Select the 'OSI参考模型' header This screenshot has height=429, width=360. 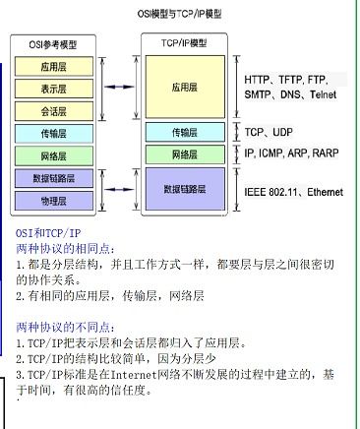pyautogui.click(x=55, y=44)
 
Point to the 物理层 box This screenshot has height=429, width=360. pyautogui.click(x=55, y=201)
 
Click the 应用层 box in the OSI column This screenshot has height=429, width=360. pyautogui.click(x=55, y=67)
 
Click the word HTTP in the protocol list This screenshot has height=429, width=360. pyautogui.click(x=259, y=78)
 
